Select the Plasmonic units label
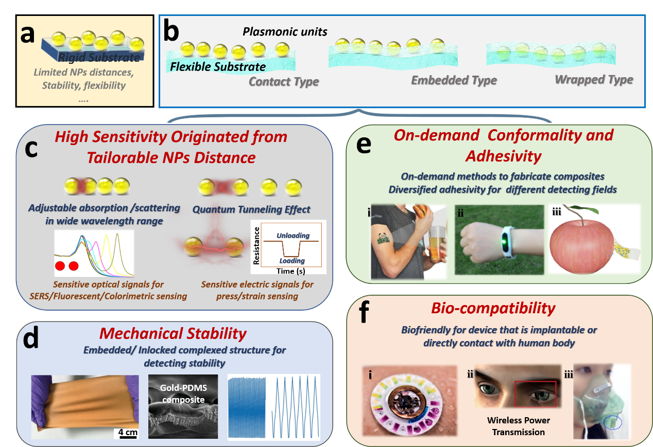285,32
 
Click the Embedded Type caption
454,80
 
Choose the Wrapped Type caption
594,80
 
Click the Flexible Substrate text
218,66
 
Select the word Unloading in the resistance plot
293,236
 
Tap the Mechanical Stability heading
173,333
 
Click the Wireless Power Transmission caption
518,426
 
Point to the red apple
582,242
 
